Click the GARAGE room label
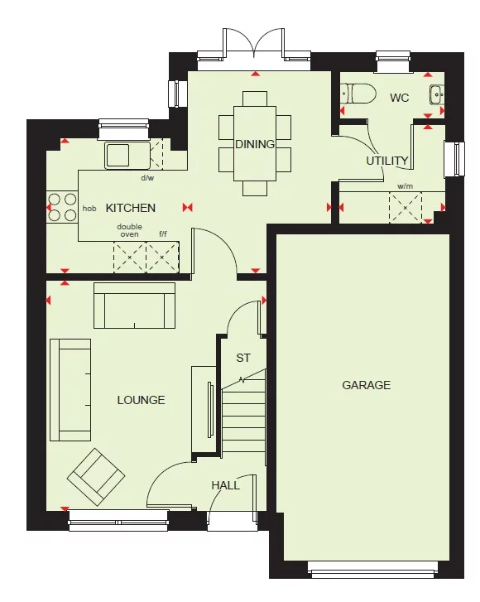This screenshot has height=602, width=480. click(x=366, y=385)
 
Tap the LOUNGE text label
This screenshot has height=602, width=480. click(x=141, y=400)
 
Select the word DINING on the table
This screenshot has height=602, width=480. click(x=255, y=144)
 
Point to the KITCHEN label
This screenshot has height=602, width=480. click(x=130, y=208)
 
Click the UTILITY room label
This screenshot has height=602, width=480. click(x=387, y=161)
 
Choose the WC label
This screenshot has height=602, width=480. click(x=400, y=98)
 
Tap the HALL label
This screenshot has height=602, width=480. click(x=225, y=485)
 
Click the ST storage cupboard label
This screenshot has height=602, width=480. click(x=243, y=359)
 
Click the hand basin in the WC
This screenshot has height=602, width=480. click(x=437, y=94)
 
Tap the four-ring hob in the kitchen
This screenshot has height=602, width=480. click(x=61, y=208)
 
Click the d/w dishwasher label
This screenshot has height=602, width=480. click(x=147, y=177)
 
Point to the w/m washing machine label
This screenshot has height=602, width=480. click(x=405, y=186)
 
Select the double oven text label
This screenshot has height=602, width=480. click(x=128, y=230)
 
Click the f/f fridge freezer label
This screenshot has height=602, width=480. click(x=164, y=234)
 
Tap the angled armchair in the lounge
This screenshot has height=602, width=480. click(x=97, y=476)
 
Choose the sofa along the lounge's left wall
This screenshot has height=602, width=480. click(x=70, y=389)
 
